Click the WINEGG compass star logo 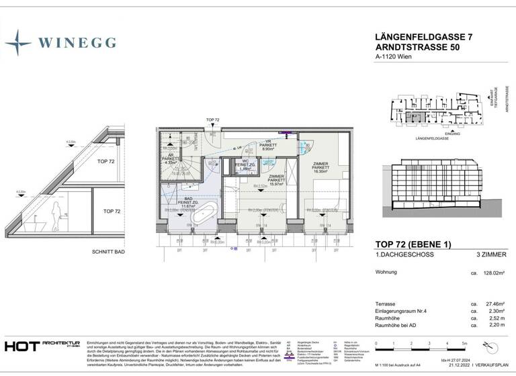(17, 42)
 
